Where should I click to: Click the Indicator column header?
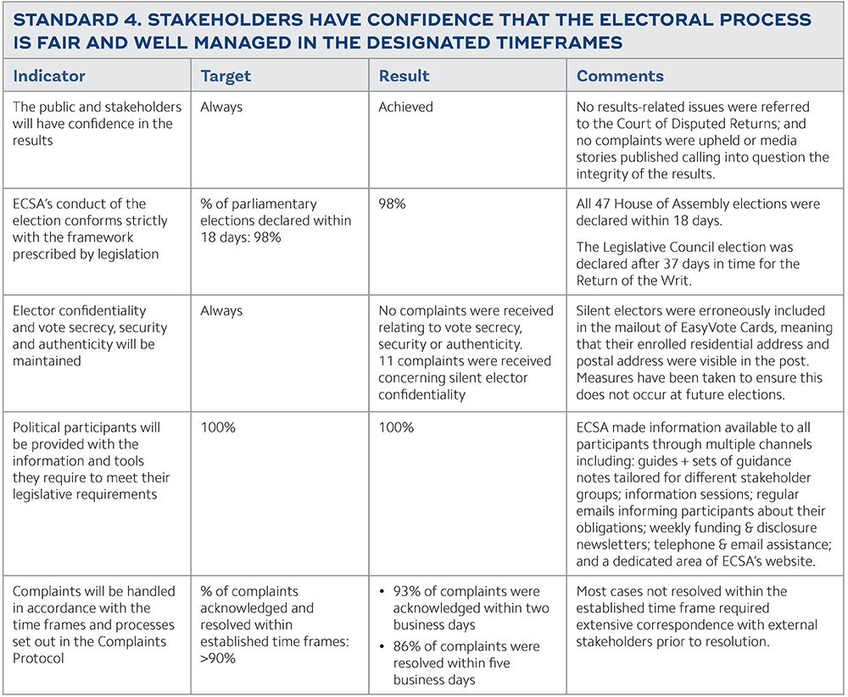(49, 76)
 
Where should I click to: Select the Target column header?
(226, 76)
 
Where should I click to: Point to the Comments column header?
(620, 76)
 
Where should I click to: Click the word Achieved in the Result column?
(405, 107)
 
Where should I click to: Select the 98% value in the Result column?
(392, 204)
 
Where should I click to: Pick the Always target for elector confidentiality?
(221, 311)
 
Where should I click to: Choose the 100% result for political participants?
(396, 427)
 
